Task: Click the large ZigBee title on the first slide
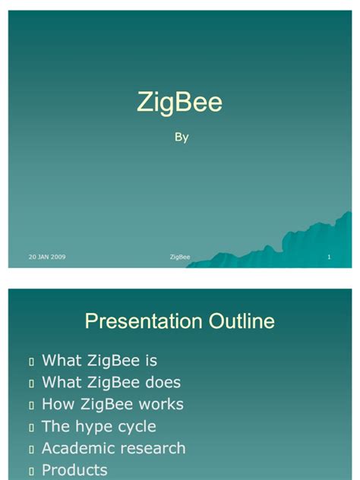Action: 179,102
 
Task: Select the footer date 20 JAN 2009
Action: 47,257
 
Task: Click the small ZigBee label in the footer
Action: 180,257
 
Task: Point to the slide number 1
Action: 329,257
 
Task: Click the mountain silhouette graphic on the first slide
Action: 296,243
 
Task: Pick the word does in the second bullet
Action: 162,383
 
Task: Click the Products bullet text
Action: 74,471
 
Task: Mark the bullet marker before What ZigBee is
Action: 30,362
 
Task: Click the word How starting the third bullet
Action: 58,405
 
